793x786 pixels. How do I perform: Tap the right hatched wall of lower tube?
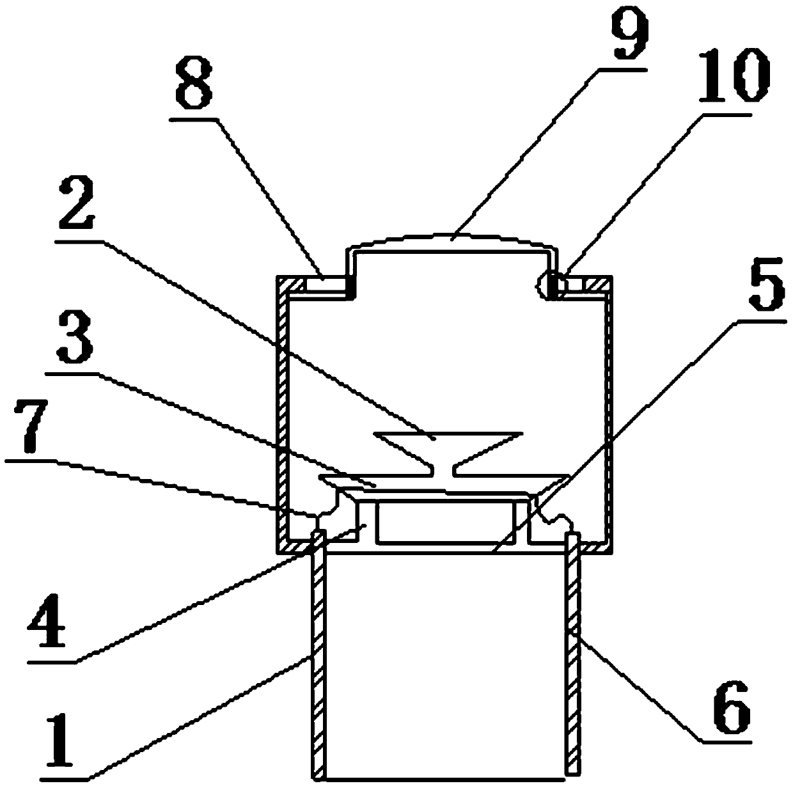coord(573,659)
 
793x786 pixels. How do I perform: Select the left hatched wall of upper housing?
coord(283,416)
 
